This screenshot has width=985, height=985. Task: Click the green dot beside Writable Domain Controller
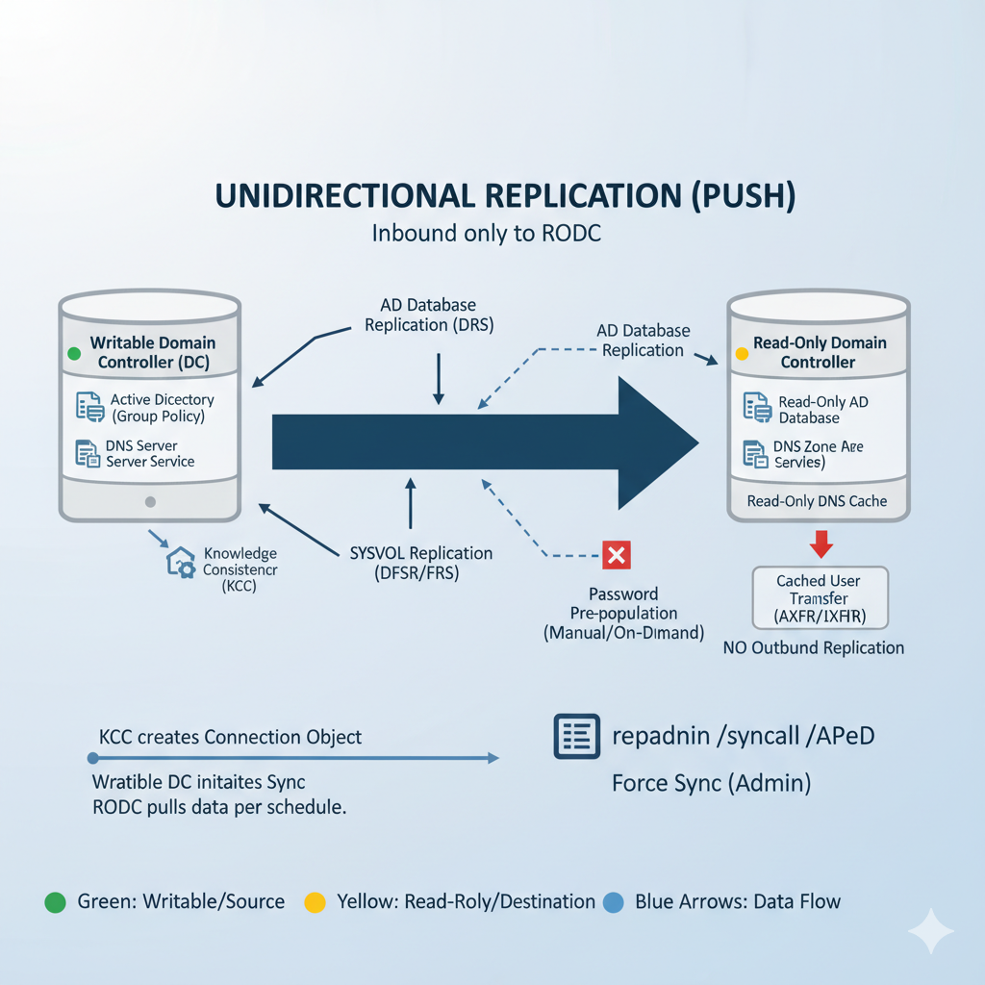pyautogui.click(x=74, y=354)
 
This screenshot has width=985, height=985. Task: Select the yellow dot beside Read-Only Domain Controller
pyautogui.click(x=741, y=354)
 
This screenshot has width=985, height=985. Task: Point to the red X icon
pyautogui.click(x=615, y=555)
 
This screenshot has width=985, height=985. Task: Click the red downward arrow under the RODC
pyautogui.click(x=821, y=544)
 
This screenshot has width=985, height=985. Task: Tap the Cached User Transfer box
pyautogui.click(x=820, y=598)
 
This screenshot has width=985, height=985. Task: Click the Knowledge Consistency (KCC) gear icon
pyautogui.click(x=182, y=564)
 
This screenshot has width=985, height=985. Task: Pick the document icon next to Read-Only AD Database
pyautogui.click(x=757, y=407)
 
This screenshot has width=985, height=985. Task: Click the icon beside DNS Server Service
pyautogui.click(x=88, y=453)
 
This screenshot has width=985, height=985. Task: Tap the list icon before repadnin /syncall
pyautogui.click(x=577, y=738)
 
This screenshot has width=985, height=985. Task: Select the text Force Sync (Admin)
pyautogui.click(x=711, y=784)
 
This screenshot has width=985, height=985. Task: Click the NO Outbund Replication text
pyautogui.click(x=813, y=647)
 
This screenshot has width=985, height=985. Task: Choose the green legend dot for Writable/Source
pyautogui.click(x=55, y=902)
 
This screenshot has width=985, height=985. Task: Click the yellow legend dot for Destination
pyautogui.click(x=315, y=902)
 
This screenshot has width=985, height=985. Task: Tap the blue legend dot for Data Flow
pyautogui.click(x=613, y=902)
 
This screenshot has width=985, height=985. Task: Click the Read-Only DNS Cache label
pyautogui.click(x=817, y=501)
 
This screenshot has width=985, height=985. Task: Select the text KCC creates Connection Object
pyautogui.click(x=231, y=737)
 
